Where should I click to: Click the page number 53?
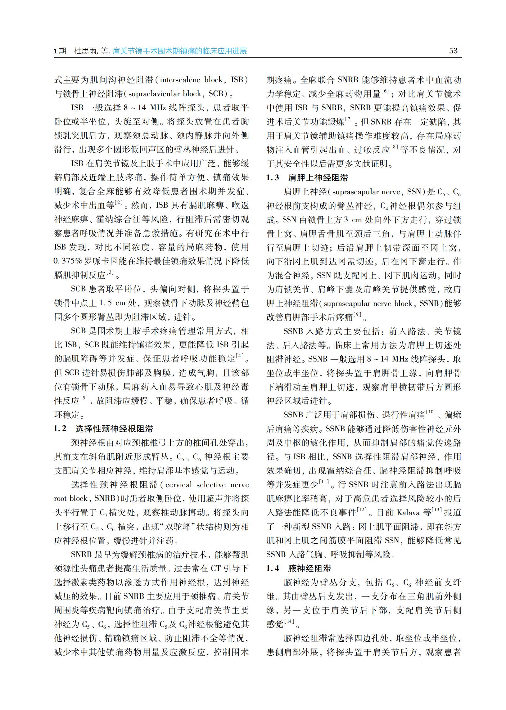tap(453, 51)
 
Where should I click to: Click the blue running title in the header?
tap(180, 51)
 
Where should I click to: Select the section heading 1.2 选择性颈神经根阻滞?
tap(103, 429)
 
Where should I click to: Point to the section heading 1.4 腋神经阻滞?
tap(299, 568)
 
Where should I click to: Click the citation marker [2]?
tap(119, 203)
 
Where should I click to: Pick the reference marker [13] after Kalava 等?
tap(437, 510)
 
